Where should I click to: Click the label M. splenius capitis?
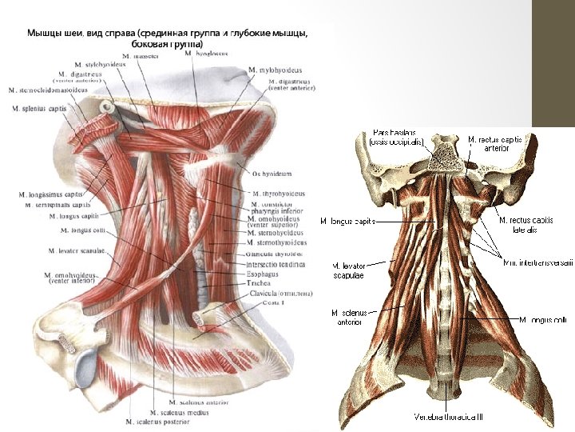point(39,108)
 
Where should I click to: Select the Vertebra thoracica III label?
point(448,417)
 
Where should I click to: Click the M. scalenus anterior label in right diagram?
point(346,317)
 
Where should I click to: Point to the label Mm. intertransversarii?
point(537,261)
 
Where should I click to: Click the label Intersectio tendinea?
point(275,264)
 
